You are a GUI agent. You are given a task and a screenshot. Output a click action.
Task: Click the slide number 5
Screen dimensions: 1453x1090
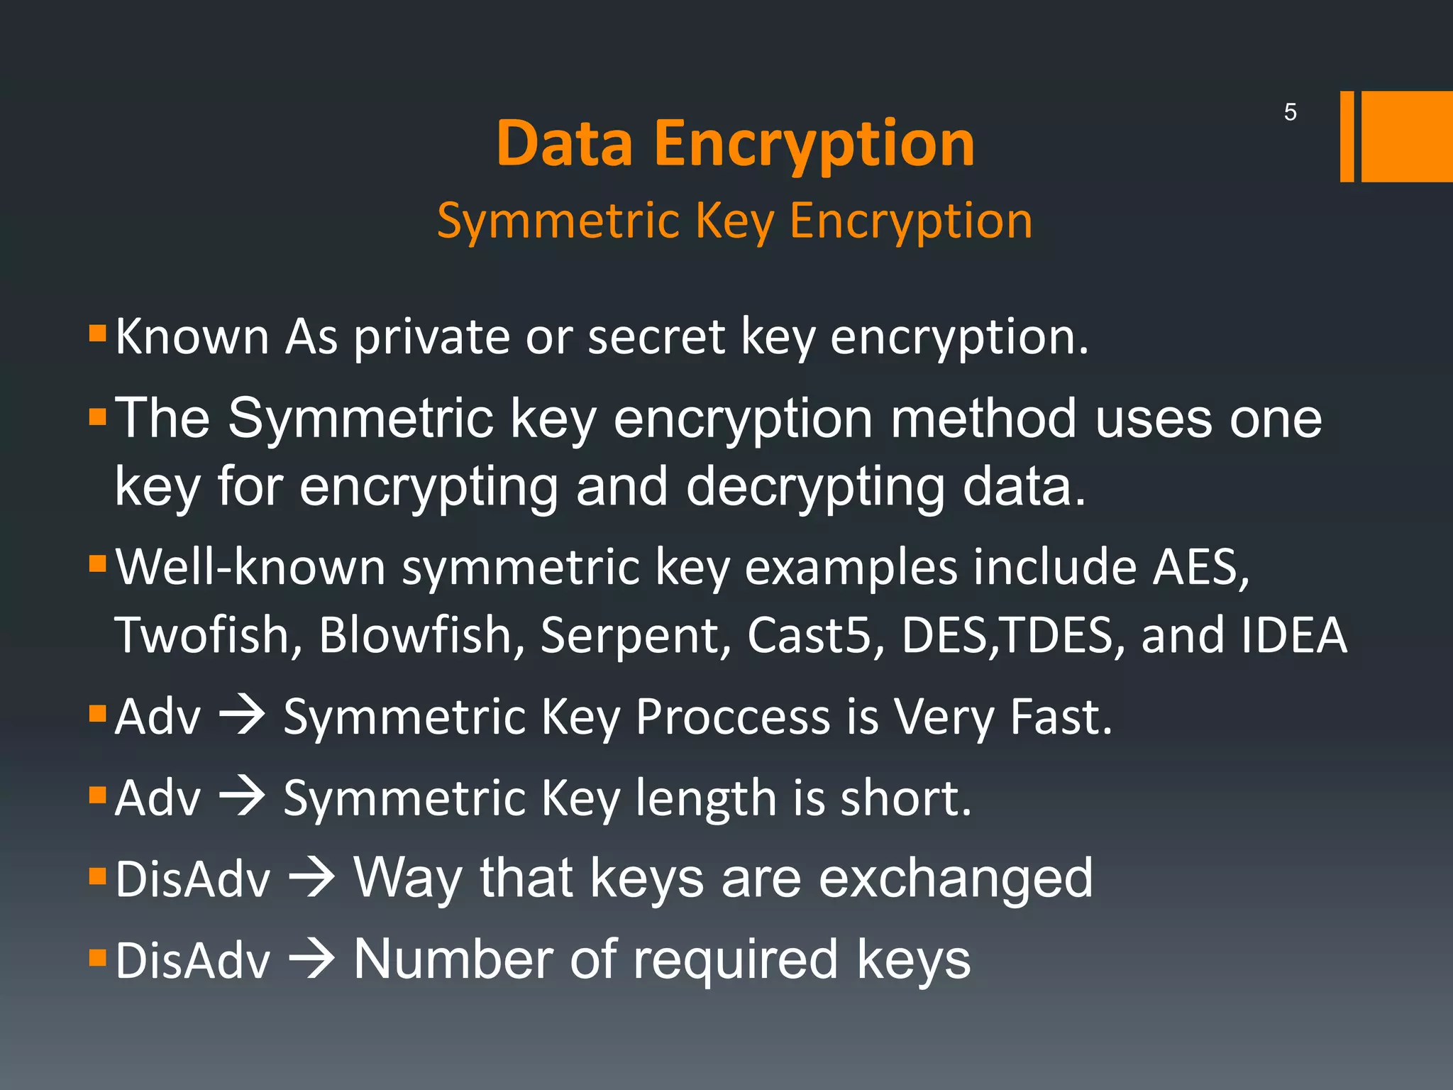tap(1290, 112)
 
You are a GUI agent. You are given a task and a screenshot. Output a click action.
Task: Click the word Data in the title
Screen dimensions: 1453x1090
tap(564, 144)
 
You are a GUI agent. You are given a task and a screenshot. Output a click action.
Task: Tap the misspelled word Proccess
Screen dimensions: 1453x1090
tap(732, 717)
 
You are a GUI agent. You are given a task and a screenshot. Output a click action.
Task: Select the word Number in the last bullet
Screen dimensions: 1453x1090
tap(453, 961)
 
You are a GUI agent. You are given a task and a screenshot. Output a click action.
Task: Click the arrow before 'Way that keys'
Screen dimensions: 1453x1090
tap(311, 879)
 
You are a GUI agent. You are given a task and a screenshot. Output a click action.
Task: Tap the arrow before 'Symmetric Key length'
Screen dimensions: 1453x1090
tap(242, 798)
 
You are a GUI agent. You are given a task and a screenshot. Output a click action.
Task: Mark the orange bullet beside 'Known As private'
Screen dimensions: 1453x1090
tap(98, 332)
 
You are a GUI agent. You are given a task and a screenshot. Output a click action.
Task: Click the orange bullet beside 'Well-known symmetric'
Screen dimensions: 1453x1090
tap(98, 564)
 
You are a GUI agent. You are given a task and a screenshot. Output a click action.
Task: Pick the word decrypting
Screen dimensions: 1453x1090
tap(815, 488)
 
